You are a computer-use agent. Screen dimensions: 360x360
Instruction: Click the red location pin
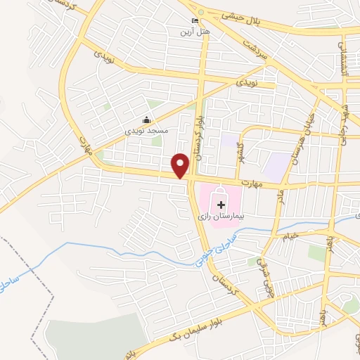pos(181,165)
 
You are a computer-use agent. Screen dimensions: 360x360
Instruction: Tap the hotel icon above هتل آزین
pos(195,22)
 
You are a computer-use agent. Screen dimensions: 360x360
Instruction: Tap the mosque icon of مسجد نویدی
pos(146,119)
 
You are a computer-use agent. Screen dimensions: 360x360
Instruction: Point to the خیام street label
pos(310,234)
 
